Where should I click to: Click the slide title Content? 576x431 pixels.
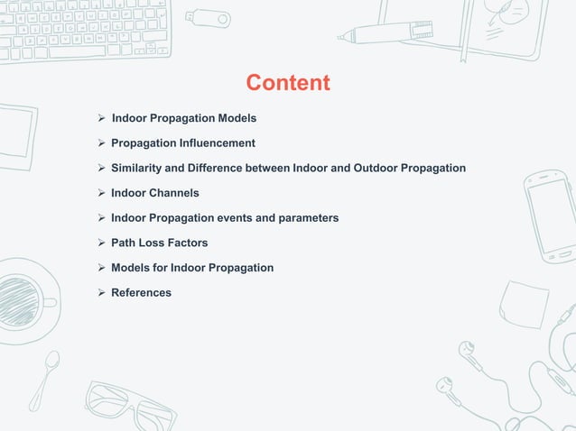[x=288, y=83]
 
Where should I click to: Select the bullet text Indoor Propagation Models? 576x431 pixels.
[x=183, y=118]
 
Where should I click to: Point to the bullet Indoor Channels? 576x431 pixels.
[x=154, y=193]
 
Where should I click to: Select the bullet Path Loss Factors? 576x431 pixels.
[x=159, y=243]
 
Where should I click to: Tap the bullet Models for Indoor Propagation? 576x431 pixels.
[x=191, y=268]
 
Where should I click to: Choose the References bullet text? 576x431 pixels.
[x=141, y=292]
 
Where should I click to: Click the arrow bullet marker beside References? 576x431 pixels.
[x=102, y=292]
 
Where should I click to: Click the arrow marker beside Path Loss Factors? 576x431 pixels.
[x=102, y=243]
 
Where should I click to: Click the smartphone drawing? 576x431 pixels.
[x=548, y=215]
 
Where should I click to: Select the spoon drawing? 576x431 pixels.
[x=44, y=379]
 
